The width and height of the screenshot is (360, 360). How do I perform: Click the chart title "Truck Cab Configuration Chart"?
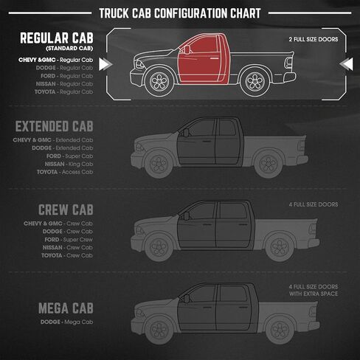tap(180, 13)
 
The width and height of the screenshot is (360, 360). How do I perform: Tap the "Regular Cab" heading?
tap(57, 38)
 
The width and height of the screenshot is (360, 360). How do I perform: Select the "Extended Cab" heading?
tap(54, 126)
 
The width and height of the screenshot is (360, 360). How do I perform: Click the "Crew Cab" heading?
tap(66, 210)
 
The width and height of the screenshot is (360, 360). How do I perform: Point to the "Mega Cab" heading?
tap(66, 308)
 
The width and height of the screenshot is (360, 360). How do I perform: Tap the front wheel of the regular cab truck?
tap(159, 80)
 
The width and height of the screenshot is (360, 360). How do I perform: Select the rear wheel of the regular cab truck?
tap(255, 80)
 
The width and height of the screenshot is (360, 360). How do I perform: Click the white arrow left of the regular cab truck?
tap(105, 64)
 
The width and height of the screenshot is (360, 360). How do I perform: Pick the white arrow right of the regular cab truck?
tap(346, 64)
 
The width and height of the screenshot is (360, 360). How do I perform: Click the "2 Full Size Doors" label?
tap(314, 39)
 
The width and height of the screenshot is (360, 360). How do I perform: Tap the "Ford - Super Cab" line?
tap(69, 156)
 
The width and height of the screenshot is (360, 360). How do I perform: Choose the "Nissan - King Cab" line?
tap(69, 164)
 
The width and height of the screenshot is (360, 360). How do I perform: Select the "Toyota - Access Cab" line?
tap(65, 172)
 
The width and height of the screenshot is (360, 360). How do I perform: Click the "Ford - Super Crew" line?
tap(69, 240)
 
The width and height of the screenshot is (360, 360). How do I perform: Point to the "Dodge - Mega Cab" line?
tap(66, 322)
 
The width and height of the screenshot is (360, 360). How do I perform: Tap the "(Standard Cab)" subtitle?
tap(69, 49)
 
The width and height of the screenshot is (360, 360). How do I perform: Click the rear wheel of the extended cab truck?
tap(269, 164)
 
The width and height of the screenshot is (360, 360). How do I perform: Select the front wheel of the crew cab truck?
tap(159, 247)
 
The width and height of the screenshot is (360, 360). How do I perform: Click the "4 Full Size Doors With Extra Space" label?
tap(314, 290)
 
